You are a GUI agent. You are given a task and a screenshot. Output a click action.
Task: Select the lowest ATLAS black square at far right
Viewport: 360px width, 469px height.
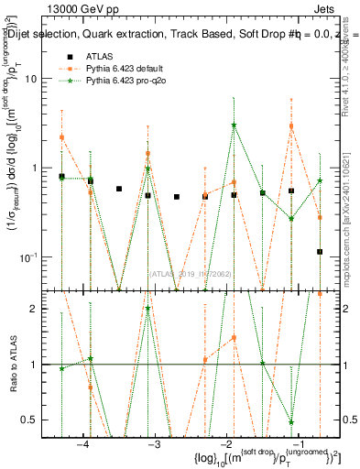pos(320,251)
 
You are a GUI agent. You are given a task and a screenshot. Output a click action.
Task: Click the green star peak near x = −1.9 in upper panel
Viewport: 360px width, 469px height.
pos(235,125)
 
